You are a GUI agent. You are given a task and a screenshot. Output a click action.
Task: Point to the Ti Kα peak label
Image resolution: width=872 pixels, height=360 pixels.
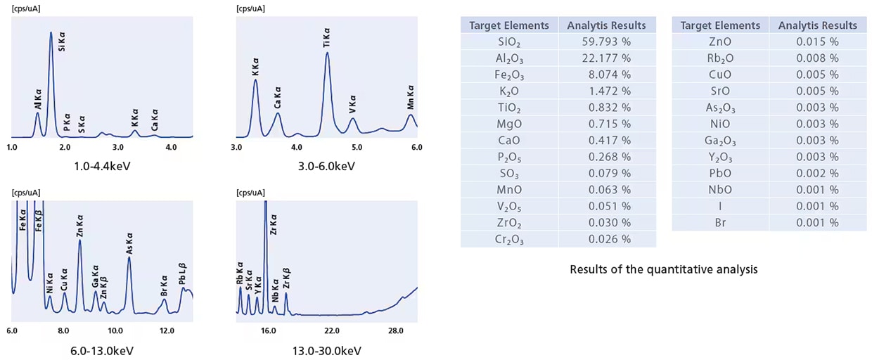[327, 39]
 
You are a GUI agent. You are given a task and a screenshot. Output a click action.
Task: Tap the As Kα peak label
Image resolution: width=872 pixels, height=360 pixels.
[129, 243]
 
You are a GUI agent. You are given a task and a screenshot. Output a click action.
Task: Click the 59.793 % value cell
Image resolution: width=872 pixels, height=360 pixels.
[606, 41]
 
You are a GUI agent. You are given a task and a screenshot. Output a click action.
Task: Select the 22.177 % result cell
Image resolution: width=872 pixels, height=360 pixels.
[606, 58]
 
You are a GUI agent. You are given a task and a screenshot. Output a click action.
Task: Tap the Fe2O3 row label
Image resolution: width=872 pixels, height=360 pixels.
[509, 75]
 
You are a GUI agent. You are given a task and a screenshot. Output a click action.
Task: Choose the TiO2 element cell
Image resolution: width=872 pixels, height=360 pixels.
[509, 108]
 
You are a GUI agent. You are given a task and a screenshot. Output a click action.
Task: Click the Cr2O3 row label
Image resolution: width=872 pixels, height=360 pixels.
[509, 239]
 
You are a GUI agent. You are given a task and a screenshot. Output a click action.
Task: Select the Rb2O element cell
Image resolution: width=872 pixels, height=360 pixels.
[721, 58]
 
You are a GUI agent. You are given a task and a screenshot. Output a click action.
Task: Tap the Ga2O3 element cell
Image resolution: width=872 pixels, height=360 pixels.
[721, 141]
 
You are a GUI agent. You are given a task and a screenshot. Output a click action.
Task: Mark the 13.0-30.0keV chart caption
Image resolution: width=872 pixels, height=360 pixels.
[326, 350]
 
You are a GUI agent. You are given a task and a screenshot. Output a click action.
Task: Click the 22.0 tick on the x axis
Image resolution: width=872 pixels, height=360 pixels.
[332, 330]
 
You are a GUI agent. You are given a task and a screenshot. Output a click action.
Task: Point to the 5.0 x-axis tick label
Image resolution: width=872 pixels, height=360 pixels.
[357, 147]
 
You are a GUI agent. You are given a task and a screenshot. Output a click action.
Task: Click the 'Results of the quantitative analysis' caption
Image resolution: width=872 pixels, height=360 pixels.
[663, 269]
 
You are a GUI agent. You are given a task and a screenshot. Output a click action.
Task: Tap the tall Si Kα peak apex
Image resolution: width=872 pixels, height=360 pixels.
[51, 32]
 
